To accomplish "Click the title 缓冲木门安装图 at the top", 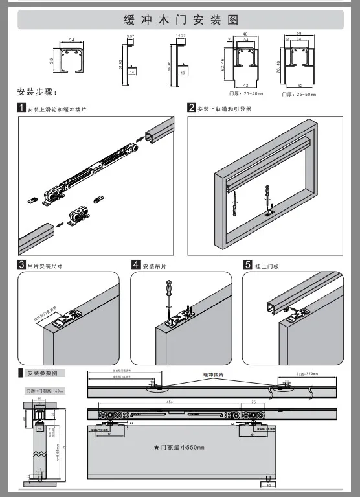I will coord(180,19).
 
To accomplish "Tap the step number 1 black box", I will coord(21,108).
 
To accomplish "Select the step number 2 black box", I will coord(192,108).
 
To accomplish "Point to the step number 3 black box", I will coord(21,265).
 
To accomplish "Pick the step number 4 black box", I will coord(135,265).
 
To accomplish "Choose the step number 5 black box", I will coord(248,265).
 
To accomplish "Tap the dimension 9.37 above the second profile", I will coord(130,36).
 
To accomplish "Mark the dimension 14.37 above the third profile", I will coord(181,36).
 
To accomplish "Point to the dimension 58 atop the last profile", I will coord(299,32).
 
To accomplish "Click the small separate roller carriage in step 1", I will coord(78,214).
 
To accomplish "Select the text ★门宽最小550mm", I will coord(179,448).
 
